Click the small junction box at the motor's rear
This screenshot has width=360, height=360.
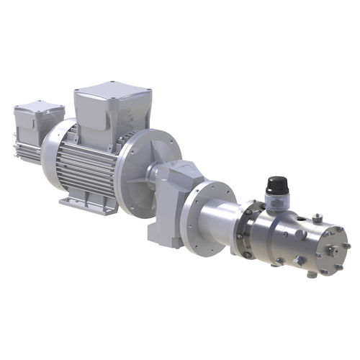(x=37, y=122)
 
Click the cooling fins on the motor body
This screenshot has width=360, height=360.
(x=86, y=169)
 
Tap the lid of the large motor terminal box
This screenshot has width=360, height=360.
(x=112, y=92)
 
